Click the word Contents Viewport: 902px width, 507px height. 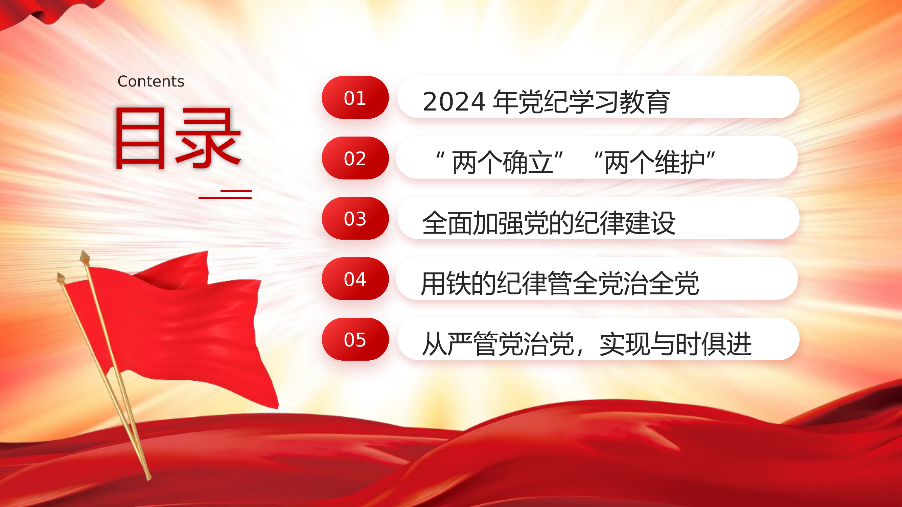tap(151, 81)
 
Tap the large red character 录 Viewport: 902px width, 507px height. tap(208, 138)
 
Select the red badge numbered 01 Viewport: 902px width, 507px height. tap(355, 98)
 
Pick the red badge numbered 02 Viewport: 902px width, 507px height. tap(355, 158)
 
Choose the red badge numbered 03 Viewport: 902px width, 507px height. tap(355, 218)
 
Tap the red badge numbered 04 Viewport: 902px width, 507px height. tap(355, 279)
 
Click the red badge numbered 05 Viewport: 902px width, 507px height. tap(355, 339)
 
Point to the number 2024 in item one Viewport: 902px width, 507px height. tap(454, 102)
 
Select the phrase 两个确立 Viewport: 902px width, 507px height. tap(502, 162)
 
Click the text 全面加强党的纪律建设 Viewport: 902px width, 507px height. tap(548, 223)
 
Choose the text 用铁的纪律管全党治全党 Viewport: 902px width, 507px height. tap(559, 284)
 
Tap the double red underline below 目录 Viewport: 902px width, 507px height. tap(226, 195)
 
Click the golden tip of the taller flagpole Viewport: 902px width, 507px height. tap(85, 258)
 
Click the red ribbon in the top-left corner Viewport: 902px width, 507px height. tap(46, 12)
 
